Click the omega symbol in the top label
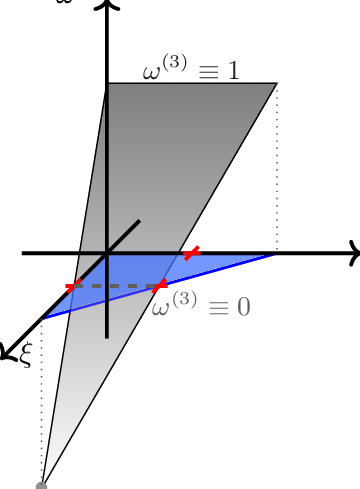(x=152, y=72)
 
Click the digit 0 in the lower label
(x=243, y=308)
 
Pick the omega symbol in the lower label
(x=161, y=308)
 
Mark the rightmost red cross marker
(x=191, y=253)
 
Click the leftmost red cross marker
(x=72, y=287)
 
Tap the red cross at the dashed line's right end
(x=159, y=286)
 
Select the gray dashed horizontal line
(x=115, y=287)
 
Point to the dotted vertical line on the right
(x=277, y=170)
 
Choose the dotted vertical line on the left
(x=42, y=400)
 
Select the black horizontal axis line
(x=140, y=253)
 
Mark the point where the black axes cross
(x=107, y=253)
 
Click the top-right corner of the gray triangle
(x=276, y=84)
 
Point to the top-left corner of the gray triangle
(x=108, y=84)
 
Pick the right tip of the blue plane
(x=272, y=256)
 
